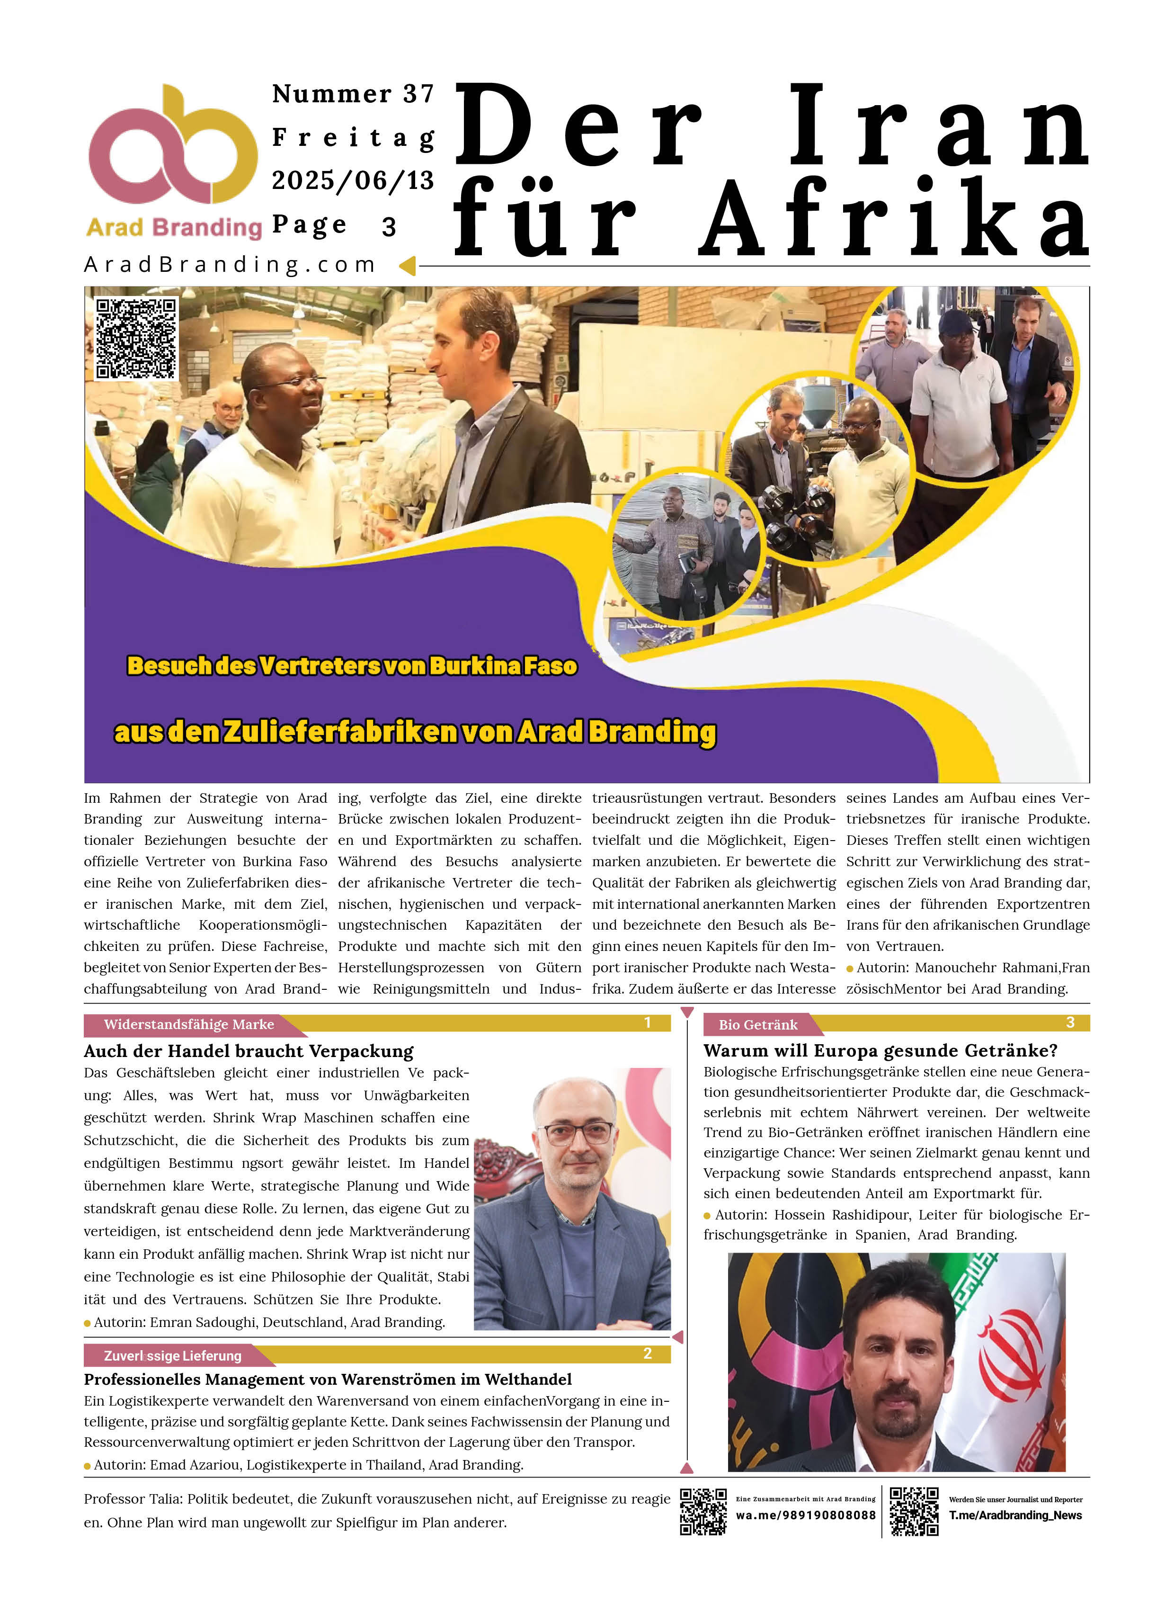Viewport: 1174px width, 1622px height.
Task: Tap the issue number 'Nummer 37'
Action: (353, 94)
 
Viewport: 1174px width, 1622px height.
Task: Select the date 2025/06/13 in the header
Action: (353, 180)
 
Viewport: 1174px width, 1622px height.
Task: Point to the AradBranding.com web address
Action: (230, 265)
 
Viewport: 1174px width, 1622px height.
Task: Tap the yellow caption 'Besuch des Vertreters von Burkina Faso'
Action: (352, 666)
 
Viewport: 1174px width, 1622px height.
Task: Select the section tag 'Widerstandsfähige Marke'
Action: (189, 1024)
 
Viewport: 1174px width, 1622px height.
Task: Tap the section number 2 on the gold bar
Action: (647, 1354)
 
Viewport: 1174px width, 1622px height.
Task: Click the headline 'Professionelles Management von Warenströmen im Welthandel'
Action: (328, 1379)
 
